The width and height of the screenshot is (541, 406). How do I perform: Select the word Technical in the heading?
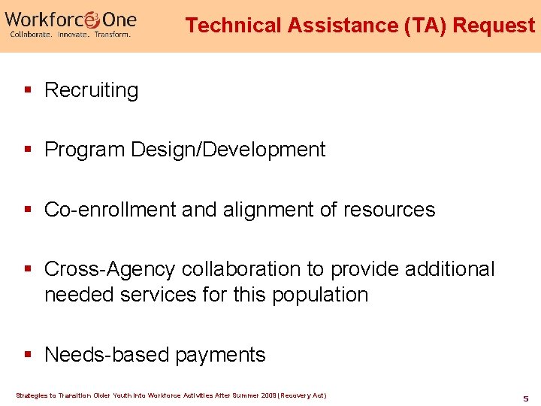(234, 26)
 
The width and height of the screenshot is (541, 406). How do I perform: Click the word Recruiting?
(92, 91)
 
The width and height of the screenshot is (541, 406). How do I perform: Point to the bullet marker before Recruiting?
(28, 90)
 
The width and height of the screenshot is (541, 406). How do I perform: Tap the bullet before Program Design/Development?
(28, 150)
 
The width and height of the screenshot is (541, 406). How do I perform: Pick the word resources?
(388, 209)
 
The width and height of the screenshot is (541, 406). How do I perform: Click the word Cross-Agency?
(110, 269)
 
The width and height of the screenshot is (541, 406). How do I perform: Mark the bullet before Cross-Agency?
(28, 268)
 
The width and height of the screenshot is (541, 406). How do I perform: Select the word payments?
(220, 356)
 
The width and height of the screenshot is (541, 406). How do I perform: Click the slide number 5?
(526, 398)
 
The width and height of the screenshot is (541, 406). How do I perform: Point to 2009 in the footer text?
(267, 395)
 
